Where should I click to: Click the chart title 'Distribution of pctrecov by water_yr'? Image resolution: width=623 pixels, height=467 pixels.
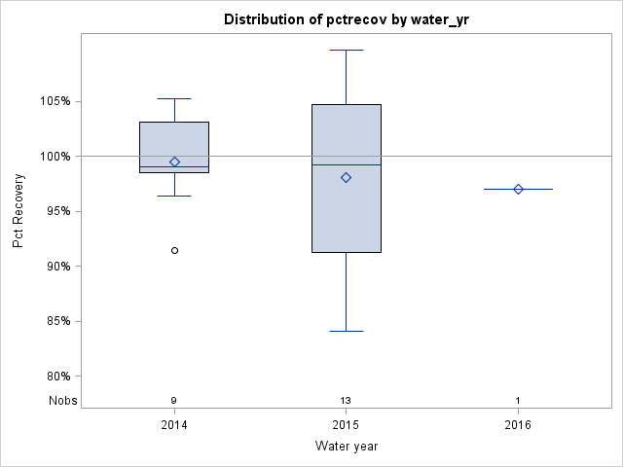pyautogui.click(x=346, y=19)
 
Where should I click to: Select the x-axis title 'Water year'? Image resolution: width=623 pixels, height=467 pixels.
pyautogui.click(x=346, y=447)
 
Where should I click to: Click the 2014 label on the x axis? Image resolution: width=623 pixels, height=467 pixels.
pyautogui.click(x=174, y=424)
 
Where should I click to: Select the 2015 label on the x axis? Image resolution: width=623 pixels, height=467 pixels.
pyautogui.click(x=346, y=424)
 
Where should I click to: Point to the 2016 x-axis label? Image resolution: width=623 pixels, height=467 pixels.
pyautogui.click(x=518, y=424)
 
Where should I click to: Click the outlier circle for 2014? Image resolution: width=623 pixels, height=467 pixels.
pyautogui.click(x=174, y=250)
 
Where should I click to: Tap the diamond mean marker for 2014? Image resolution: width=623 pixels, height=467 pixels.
pyautogui.click(x=174, y=162)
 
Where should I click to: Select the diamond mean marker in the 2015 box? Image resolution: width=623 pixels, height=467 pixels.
pyautogui.click(x=346, y=177)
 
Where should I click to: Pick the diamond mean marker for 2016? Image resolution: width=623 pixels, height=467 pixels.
pyautogui.click(x=518, y=189)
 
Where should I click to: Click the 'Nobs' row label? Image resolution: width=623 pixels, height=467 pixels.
pyautogui.click(x=60, y=400)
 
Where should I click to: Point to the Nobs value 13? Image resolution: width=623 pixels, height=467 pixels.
pyautogui.click(x=346, y=400)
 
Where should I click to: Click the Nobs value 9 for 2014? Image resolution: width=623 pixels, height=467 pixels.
pyautogui.click(x=174, y=400)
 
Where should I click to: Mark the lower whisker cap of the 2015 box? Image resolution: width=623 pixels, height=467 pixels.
pyautogui.click(x=346, y=331)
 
